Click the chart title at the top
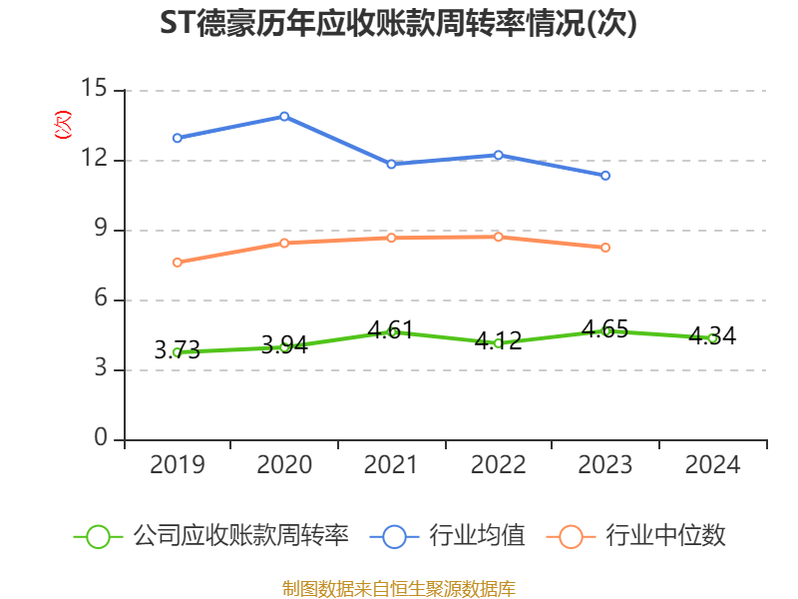pos(398,24)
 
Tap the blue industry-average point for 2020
pos(284,116)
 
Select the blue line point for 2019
pos(177,138)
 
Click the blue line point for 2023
pos(605,176)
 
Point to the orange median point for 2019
pos(177,263)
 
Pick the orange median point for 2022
pos(498,237)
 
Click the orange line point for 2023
pos(605,248)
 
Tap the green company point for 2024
pos(712,338)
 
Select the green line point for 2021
pos(391,331)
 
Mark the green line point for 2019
pos(177,351)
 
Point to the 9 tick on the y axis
pos(101,230)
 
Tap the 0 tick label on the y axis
pos(101,439)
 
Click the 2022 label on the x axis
pos(498,465)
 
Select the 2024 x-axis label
pos(712,465)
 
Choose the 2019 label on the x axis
pos(177,465)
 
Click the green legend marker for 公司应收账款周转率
pos(98,536)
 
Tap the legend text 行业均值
pos(477,536)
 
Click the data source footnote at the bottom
pos(398,588)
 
